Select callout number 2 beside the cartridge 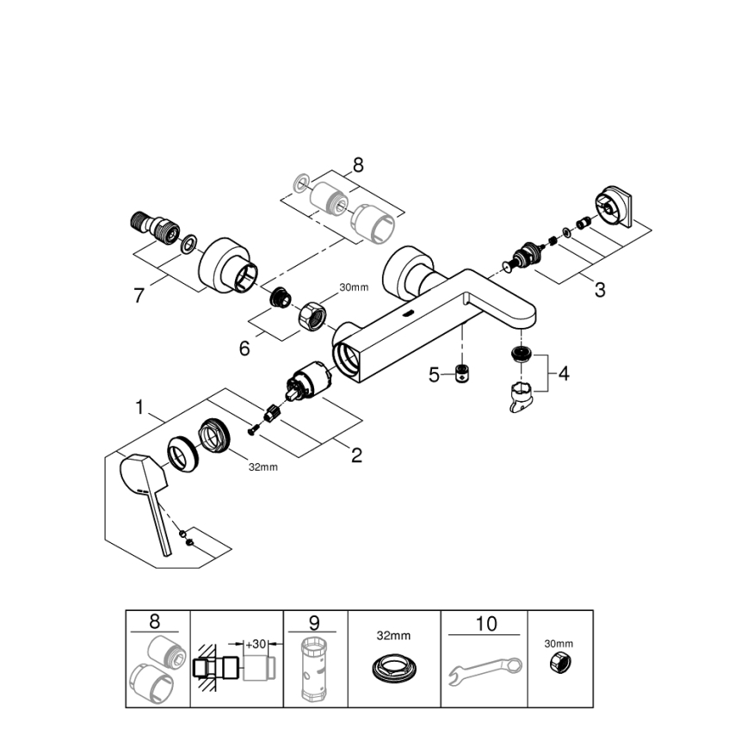click(x=356, y=455)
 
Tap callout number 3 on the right click(x=599, y=290)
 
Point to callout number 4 click(x=563, y=374)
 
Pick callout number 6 click(x=244, y=348)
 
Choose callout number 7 click(x=140, y=295)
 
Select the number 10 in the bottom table click(x=486, y=623)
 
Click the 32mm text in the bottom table click(x=394, y=635)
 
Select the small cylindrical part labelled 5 click(x=462, y=373)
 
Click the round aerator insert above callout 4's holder click(x=519, y=353)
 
